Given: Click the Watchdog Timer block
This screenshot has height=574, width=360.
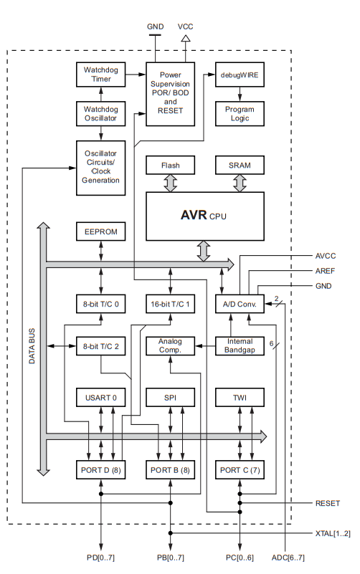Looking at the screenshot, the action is (100, 75).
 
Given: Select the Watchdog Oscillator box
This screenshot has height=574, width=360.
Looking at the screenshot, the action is (100, 114).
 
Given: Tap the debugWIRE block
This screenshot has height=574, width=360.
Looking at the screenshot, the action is (240, 75).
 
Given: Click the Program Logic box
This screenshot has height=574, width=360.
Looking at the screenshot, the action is (240, 114).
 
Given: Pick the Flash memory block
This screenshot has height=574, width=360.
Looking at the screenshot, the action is (170, 165).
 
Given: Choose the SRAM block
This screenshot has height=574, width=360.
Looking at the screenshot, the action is (240, 165).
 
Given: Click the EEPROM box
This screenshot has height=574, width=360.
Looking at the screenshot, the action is (100, 231).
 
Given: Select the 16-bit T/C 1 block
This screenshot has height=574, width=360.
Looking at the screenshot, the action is (170, 304).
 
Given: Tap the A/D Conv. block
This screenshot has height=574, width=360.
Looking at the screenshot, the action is (240, 304).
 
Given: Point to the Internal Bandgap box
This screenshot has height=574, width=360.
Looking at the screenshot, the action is (240, 346).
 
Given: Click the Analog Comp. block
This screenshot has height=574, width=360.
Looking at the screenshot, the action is (170, 346).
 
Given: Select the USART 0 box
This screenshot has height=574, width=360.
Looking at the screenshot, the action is (100, 397).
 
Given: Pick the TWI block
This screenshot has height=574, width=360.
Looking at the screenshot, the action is (240, 397).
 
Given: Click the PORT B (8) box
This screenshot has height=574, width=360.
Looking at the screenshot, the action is (170, 469).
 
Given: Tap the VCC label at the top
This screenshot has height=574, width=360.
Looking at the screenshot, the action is (185, 27).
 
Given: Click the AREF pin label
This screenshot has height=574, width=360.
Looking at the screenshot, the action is (325, 271).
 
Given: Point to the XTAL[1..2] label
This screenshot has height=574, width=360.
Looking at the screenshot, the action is (333, 533).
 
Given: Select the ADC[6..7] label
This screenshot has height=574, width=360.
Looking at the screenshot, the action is (288, 558).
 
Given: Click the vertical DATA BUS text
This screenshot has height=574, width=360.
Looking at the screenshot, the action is (32, 346).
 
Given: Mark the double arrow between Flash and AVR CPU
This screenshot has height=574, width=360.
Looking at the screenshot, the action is (170, 183).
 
